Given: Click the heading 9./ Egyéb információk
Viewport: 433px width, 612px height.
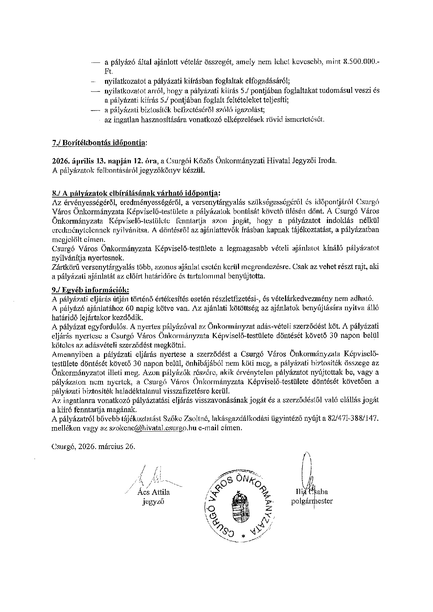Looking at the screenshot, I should pyautogui.click(x=90, y=290).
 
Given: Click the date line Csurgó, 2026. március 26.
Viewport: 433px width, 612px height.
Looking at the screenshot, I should pyautogui.click(x=93, y=446).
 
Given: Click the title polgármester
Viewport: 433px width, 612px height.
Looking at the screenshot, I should pyautogui.click(x=312, y=501).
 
